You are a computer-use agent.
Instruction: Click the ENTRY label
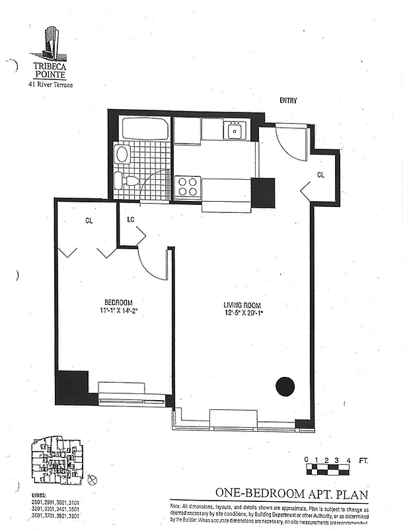288,101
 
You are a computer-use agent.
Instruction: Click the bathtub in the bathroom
145,129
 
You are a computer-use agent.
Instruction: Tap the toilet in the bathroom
126,180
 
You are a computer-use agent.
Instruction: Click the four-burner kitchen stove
187,186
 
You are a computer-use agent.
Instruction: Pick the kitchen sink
234,130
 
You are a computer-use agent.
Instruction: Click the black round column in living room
285,386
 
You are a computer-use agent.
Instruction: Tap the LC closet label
131,220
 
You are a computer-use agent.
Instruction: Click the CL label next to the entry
321,175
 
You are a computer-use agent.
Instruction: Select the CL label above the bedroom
89,221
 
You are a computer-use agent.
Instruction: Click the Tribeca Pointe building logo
50,42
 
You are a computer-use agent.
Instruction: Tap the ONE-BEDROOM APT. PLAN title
290,493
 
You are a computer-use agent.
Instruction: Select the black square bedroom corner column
71,387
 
